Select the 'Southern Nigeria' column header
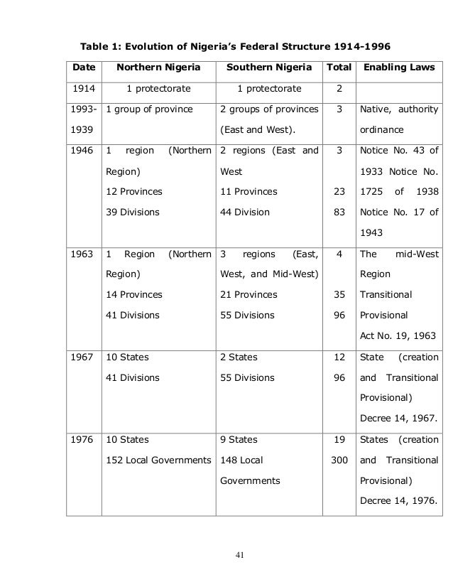pos(268,69)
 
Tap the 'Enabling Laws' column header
pos(399,69)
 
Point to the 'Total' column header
pos(337,69)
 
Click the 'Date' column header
pos(83,69)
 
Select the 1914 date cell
pos(83,89)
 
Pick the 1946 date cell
pos(83,151)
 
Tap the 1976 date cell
pos(83,440)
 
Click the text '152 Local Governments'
pos(158,461)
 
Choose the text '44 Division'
pos(245,212)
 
